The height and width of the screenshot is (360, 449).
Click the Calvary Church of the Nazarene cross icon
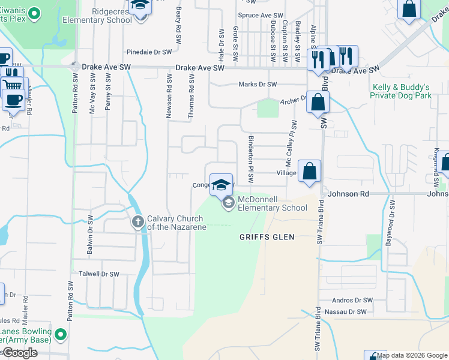click(x=138, y=222)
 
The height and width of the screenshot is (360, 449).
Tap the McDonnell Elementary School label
click(x=273, y=204)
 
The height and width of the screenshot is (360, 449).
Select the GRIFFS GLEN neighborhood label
click(x=267, y=237)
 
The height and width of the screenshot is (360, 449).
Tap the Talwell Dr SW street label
click(x=99, y=274)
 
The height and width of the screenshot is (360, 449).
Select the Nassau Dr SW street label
click(x=345, y=312)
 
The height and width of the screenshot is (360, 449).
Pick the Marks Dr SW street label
click(x=258, y=85)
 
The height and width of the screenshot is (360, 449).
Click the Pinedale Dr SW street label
click(x=146, y=52)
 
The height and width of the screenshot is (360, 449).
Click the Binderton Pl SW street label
click(x=251, y=159)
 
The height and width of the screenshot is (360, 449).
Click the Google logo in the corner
click(x=20, y=353)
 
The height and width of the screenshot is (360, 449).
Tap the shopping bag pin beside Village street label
click(x=309, y=170)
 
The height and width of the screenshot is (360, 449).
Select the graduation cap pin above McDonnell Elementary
click(x=221, y=184)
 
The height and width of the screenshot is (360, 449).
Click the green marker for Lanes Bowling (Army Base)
click(x=60, y=334)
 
